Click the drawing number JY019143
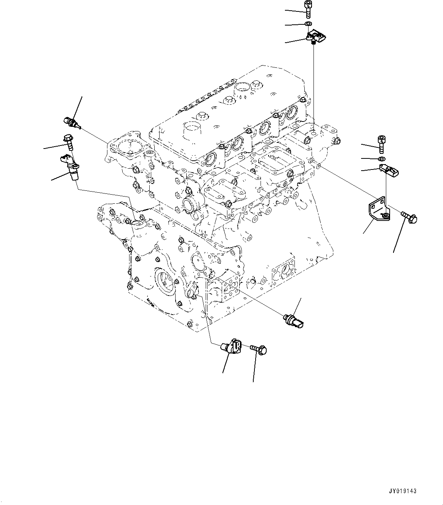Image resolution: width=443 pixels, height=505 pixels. click(403, 491)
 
